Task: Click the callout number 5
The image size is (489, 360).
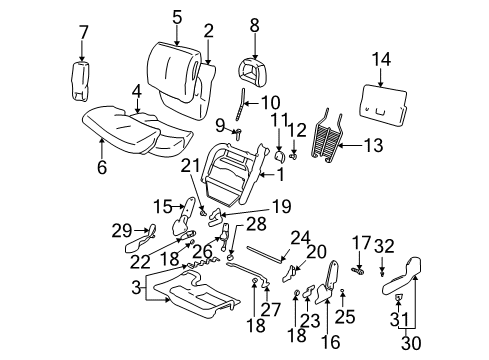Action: click(176, 16)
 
